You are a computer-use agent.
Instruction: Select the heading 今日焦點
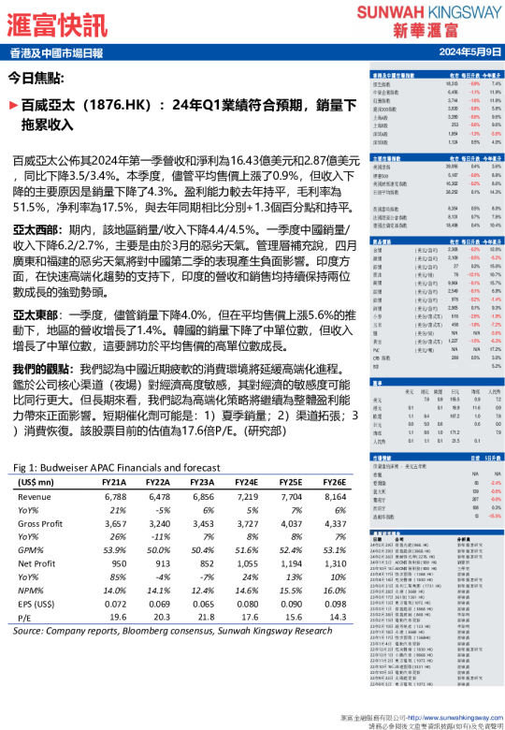[36, 79]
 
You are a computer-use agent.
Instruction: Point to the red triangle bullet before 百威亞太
[12, 106]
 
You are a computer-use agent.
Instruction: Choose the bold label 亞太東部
[37, 314]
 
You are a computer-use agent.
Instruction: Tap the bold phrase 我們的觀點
[44, 369]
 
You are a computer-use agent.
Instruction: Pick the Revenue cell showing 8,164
[334, 496]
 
